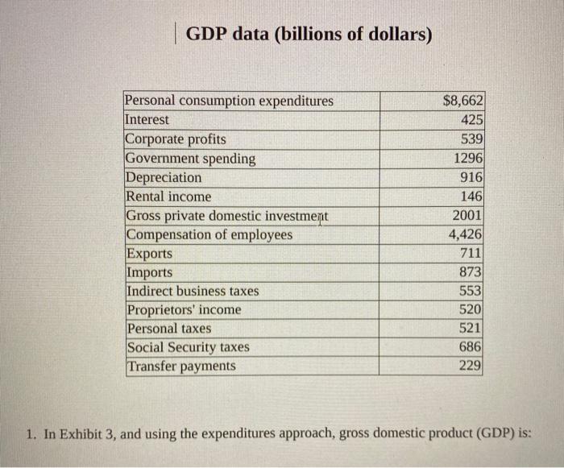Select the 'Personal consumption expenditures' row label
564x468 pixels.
(229, 101)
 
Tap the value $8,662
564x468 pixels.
(463, 101)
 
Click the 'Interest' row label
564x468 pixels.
(147, 119)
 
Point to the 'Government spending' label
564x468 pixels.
(190, 159)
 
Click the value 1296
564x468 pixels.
(467, 159)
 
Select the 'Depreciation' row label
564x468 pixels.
(164, 177)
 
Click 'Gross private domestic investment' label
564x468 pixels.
(227, 216)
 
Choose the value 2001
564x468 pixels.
(467, 216)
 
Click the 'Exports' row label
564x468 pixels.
(149, 254)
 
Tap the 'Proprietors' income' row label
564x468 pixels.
(184, 310)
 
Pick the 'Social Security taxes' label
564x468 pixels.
(188, 347)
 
